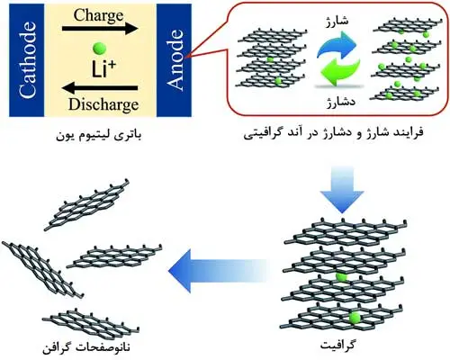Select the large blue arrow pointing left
tap(221, 267)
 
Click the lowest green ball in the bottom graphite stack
tap(355, 318)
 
